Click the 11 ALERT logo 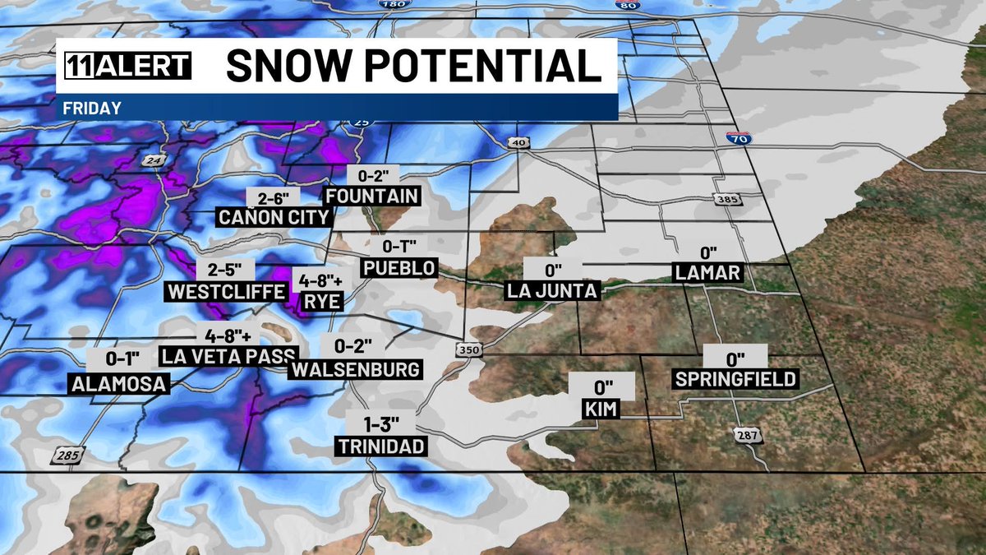124,67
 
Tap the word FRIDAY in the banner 92,108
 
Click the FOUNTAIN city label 372,196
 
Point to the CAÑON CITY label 274,217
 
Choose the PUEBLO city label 399,268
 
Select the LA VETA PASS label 228,356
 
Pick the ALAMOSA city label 118,383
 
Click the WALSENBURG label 356,369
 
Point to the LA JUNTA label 553,291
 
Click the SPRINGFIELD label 735,379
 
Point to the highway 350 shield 469,350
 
